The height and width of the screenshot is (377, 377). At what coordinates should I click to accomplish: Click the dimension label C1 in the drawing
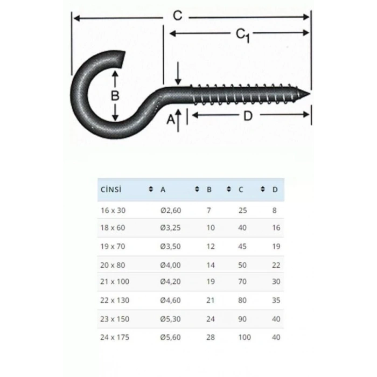pos(243,35)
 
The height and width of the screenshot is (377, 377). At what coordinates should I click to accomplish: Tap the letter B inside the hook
pos(115,96)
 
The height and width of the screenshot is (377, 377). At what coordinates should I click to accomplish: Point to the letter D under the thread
pos(248,115)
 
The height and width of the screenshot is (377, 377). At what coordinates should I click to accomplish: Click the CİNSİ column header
pos(110,190)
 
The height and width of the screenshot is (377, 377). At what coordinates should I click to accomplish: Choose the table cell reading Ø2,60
pos(171,210)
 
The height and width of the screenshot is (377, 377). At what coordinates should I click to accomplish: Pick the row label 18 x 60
pos(113,228)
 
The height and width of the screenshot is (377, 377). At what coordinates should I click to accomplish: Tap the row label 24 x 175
pos(115,338)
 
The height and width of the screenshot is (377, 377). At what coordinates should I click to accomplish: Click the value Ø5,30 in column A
pos(171,319)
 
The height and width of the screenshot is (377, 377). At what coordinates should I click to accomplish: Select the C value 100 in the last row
pos(245,338)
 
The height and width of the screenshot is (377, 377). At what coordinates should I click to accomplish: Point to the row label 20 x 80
pos(113,265)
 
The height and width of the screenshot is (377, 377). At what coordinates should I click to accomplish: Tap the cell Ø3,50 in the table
pos(171,246)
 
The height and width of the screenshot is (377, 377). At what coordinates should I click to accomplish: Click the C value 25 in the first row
pos(242,210)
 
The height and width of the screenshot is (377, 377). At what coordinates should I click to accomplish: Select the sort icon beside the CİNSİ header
pos(150,190)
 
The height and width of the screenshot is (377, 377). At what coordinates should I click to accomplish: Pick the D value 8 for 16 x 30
pos(275,210)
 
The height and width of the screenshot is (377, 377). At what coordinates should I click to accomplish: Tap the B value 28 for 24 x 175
pos(210,338)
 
